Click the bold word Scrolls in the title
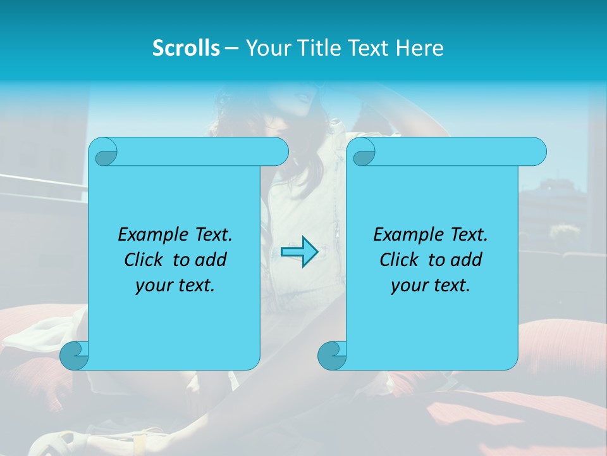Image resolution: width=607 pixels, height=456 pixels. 187,48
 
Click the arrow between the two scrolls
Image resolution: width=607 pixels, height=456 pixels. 299,252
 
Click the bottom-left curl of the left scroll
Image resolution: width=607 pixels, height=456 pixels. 75,355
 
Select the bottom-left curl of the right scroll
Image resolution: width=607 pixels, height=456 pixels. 332,355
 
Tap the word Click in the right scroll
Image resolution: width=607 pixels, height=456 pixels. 400,260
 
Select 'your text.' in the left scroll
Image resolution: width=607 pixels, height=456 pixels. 175,286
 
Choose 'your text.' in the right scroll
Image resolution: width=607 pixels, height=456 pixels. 431,286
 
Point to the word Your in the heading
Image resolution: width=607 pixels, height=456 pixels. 266,48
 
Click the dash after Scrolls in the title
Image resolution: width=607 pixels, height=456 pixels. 231,48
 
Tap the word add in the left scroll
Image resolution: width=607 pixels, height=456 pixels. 211,260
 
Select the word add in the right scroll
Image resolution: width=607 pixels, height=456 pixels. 467,260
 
